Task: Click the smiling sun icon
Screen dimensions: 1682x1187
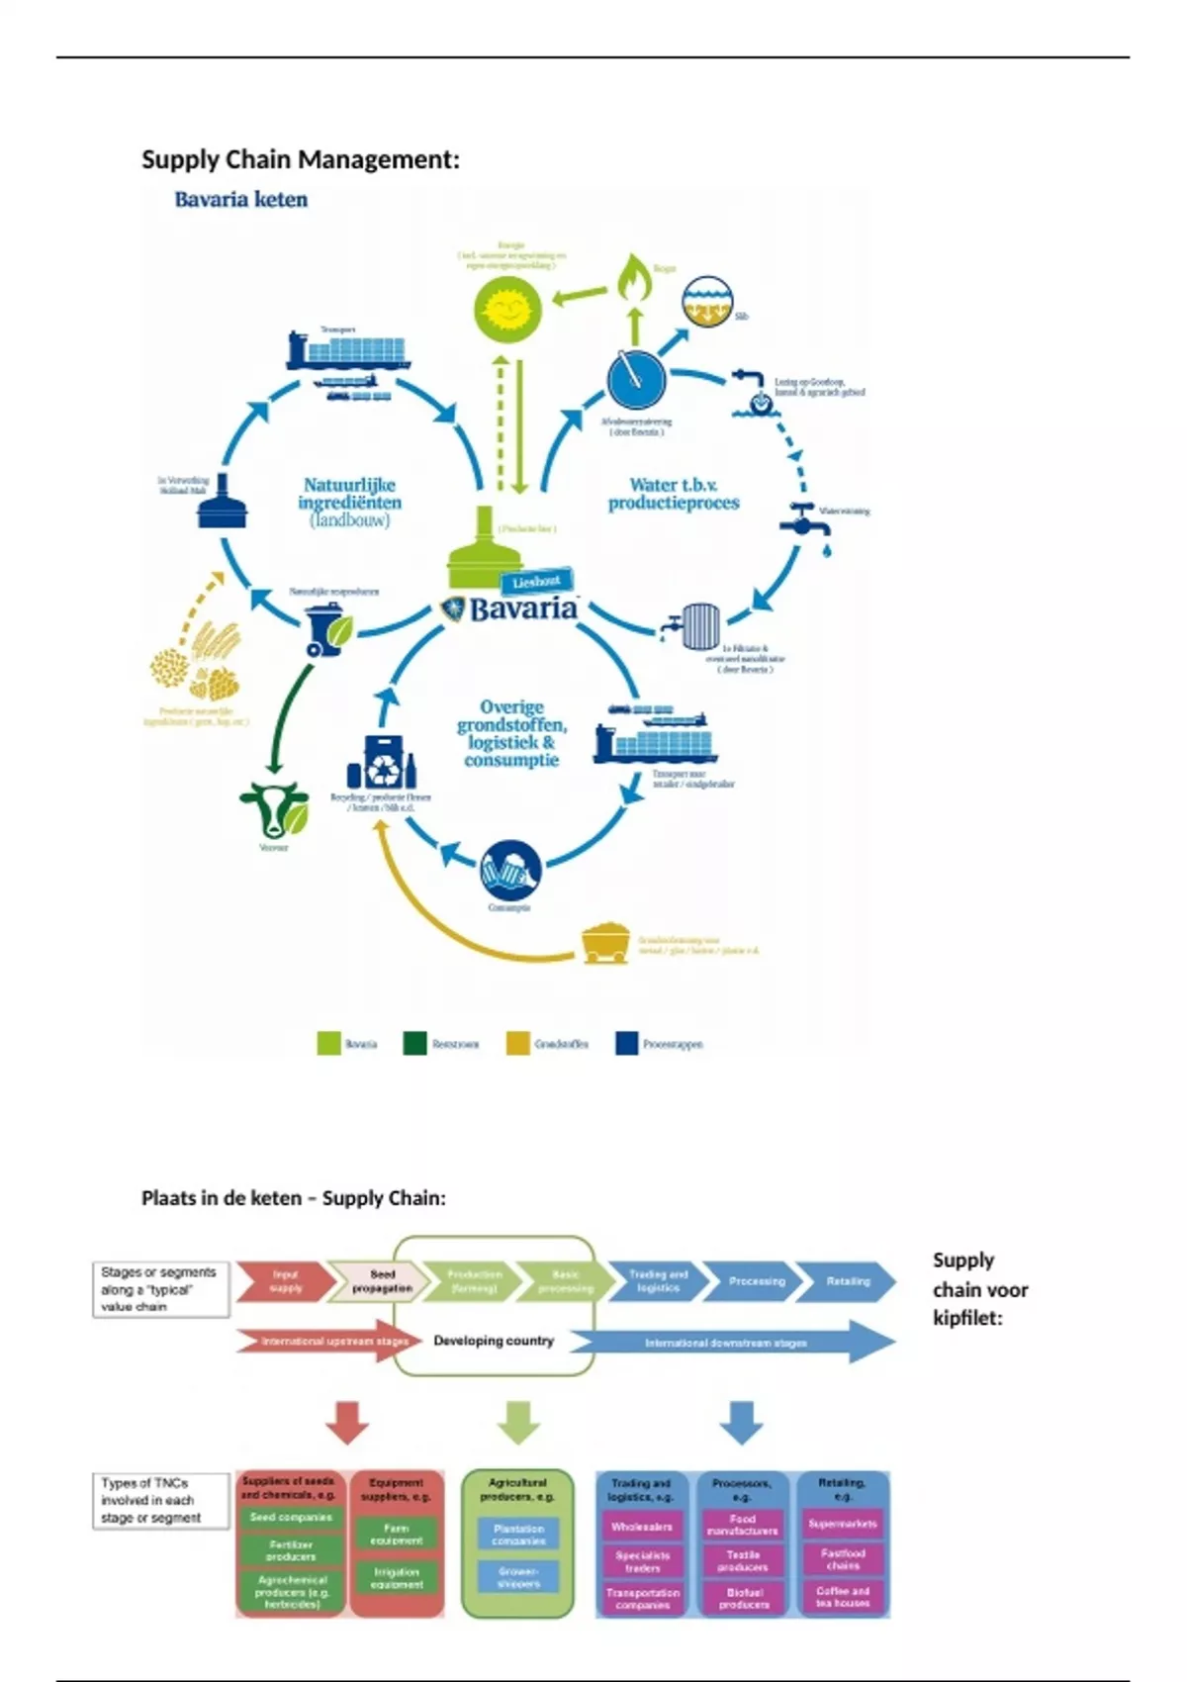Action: tap(506, 306)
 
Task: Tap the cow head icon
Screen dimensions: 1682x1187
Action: tap(273, 809)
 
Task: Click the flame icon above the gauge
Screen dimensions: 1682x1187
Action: tap(634, 277)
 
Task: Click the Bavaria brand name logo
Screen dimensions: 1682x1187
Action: tap(521, 607)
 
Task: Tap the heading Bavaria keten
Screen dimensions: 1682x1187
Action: tap(240, 200)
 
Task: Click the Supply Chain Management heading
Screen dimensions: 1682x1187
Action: tap(300, 159)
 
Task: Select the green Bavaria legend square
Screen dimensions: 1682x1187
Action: tap(328, 1044)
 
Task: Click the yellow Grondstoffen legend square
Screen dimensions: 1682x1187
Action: tap(517, 1044)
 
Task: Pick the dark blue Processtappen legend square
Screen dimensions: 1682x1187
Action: tap(626, 1044)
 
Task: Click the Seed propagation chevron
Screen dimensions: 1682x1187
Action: tap(381, 1281)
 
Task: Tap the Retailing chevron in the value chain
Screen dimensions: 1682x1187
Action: tap(847, 1281)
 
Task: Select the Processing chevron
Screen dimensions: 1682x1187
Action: tap(756, 1281)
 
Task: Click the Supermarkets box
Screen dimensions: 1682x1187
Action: tap(842, 1524)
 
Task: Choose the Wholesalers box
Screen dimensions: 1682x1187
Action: tap(642, 1527)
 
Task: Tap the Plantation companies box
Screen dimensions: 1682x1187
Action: tap(518, 1535)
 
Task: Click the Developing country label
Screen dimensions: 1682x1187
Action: tap(494, 1341)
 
